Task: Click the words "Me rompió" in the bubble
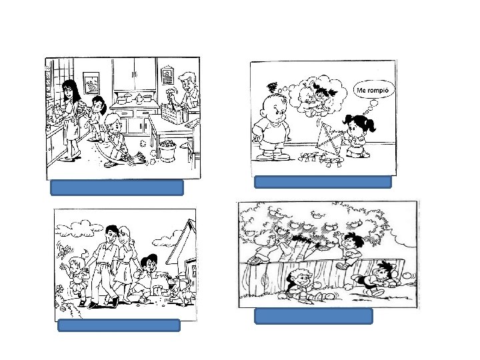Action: point(373,90)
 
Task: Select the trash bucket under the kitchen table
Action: point(167,151)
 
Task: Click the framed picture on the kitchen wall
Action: point(91,83)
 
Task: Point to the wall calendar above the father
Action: point(167,75)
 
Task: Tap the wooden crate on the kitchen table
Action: point(173,113)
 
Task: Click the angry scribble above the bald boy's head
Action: point(272,88)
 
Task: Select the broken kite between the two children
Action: point(329,138)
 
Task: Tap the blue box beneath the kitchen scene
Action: point(117,187)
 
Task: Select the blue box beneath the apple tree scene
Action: point(313,316)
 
